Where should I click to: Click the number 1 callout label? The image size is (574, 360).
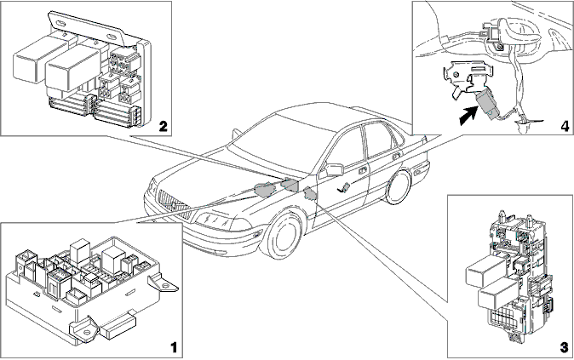[174, 347]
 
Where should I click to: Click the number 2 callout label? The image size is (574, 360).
[163, 127]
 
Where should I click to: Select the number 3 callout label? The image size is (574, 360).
[564, 347]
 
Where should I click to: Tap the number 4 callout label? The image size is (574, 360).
[565, 126]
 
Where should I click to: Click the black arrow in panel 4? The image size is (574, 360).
[468, 117]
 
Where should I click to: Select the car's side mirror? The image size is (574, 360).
[334, 169]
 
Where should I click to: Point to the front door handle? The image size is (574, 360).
[363, 171]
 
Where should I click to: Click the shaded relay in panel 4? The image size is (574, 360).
[485, 105]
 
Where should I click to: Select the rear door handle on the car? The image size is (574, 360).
[395, 157]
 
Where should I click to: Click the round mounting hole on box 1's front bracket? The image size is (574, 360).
[87, 332]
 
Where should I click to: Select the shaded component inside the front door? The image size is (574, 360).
[343, 188]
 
